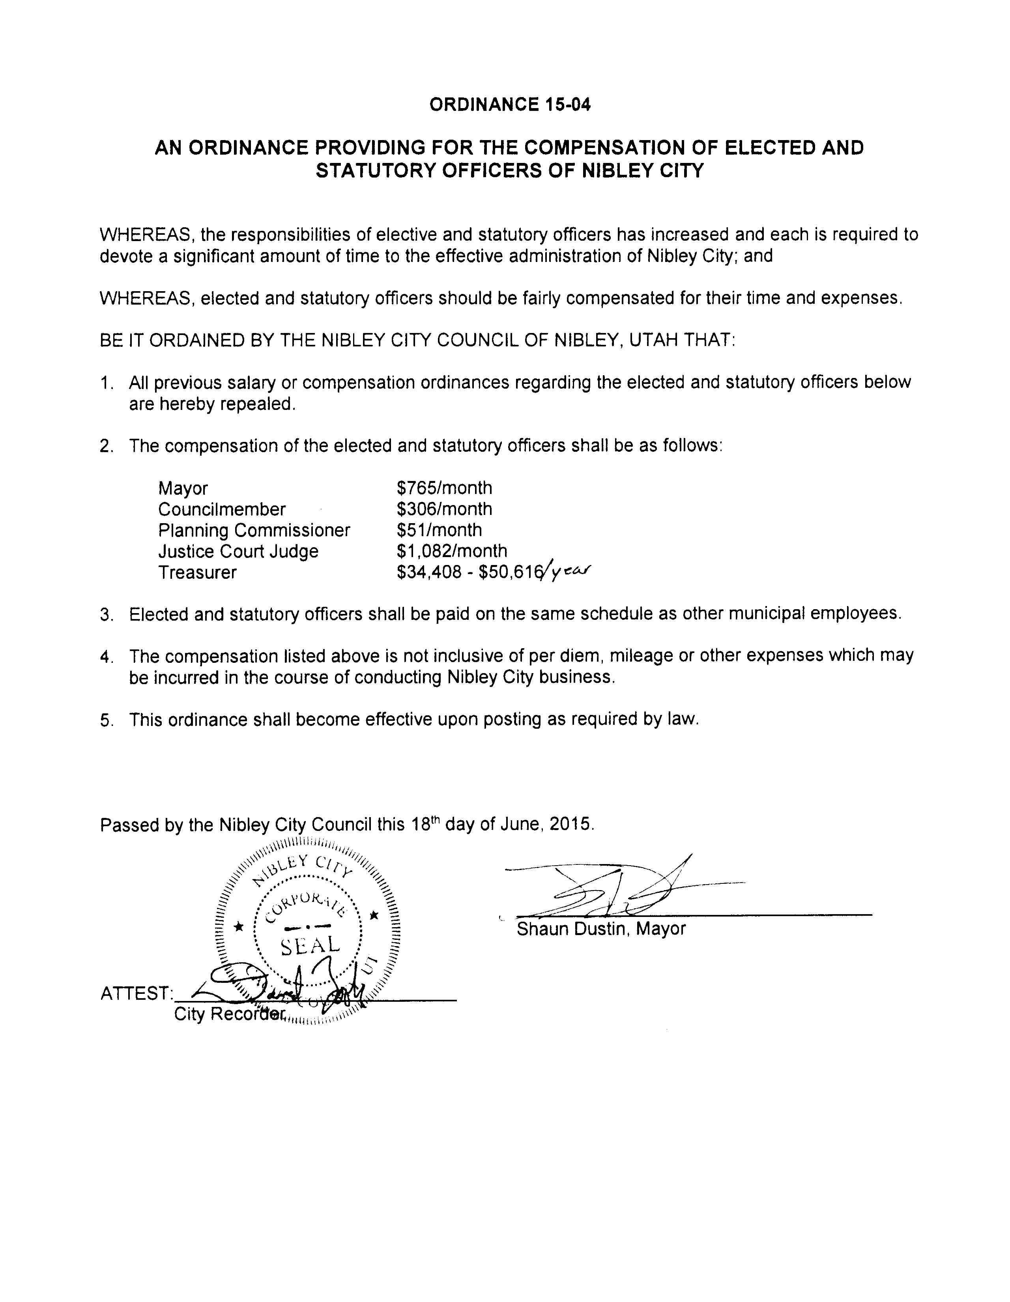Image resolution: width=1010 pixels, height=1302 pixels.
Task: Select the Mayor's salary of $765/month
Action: pyautogui.click(x=444, y=488)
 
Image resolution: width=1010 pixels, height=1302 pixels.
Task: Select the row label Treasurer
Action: pyautogui.click(x=197, y=573)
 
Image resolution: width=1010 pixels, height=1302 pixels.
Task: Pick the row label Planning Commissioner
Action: pyautogui.click(x=254, y=531)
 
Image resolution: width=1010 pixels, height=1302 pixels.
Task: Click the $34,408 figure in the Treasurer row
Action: pyautogui.click(x=429, y=573)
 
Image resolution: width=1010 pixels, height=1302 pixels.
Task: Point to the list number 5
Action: pyautogui.click(x=106, y=720)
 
